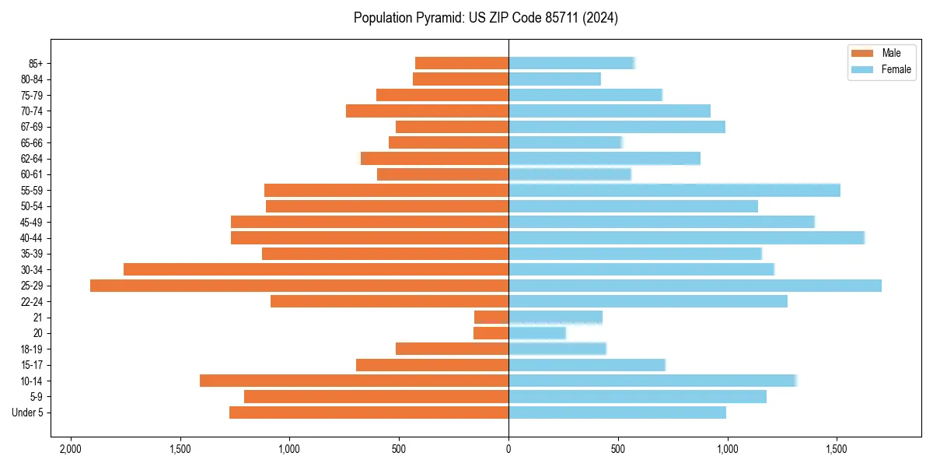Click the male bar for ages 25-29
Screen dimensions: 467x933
pos(299,286)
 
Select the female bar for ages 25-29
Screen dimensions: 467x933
pos(695,286)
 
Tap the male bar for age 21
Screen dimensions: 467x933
pos(491,318)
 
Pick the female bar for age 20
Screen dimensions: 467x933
pos(537,333)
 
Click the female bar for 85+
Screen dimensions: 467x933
pos(571,63)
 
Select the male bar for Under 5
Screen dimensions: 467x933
pos(369,413)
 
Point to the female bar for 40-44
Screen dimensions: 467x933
pos(687,237)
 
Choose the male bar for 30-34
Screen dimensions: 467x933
pos(316,269)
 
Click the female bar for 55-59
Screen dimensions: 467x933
pos(674,190)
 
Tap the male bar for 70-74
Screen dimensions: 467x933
pos(427,111)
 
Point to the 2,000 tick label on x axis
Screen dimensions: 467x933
pos(70,449)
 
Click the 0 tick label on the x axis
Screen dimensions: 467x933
pos(508,449)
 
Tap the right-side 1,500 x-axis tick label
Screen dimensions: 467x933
pos(837,449)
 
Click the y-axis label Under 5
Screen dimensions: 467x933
pos(28,413)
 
